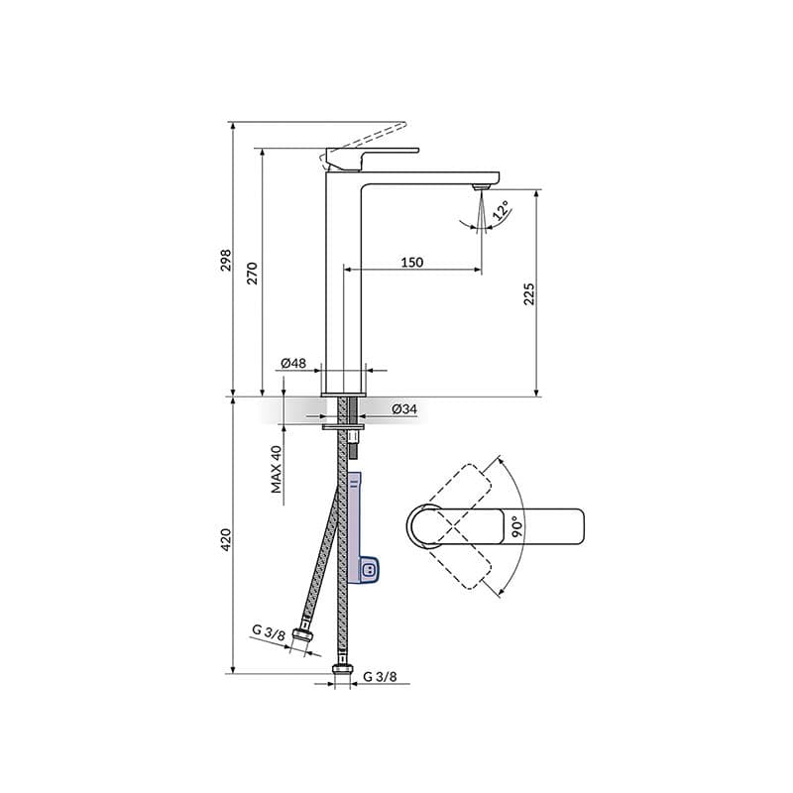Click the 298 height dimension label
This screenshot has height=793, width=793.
coord(226,260)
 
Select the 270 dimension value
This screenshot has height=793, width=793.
coord(252,273)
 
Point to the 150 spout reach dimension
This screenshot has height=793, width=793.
coord(412,262)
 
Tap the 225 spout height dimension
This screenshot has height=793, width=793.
coord(529,293)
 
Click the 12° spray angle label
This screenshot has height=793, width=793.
coord(503,211)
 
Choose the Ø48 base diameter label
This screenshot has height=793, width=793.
coord(292,363)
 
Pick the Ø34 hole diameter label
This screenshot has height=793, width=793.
coord(403,408)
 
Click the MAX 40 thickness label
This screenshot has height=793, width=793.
coord(278,469)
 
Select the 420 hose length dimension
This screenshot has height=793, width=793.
coord(226,539)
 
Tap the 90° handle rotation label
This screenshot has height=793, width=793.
coord(517,525)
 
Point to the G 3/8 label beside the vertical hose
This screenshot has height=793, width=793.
coord(380,677)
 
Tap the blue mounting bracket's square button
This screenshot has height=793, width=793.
coord(369,570)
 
